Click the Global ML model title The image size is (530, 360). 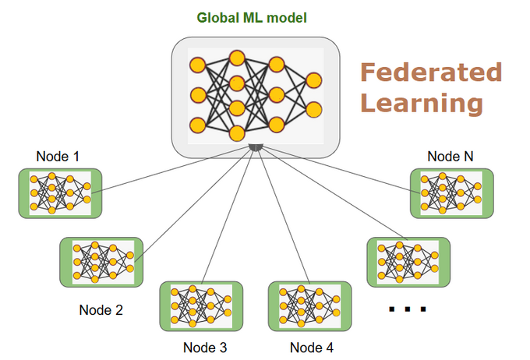tap(252, 18)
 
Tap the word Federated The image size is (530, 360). tap(431, 72)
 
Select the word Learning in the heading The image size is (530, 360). tap(422, 104)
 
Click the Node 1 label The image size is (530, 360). tap(58, 156)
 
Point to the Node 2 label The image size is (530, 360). tap(101, 309)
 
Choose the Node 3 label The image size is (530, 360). tap(205, 348)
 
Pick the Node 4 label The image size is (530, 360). tap(312, 348)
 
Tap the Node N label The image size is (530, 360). tap(450, 156)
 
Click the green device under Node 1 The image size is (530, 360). tap(60, 193)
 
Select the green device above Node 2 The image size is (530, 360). tap(101, 262)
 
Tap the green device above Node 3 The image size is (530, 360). tap(201, 306)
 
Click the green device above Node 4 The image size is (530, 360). tap(309, 306)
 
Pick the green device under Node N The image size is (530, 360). tap(452, 193)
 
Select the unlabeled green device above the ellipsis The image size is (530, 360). tap(408, 262)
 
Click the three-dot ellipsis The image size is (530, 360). tap(408, 309)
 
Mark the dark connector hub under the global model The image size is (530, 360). tap(256, 147)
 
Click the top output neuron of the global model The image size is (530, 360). tap(314, 80)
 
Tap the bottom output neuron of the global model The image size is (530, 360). tap(314, 110)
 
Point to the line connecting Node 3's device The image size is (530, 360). tap(228, 216)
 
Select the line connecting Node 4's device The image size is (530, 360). tap(284, 216)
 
